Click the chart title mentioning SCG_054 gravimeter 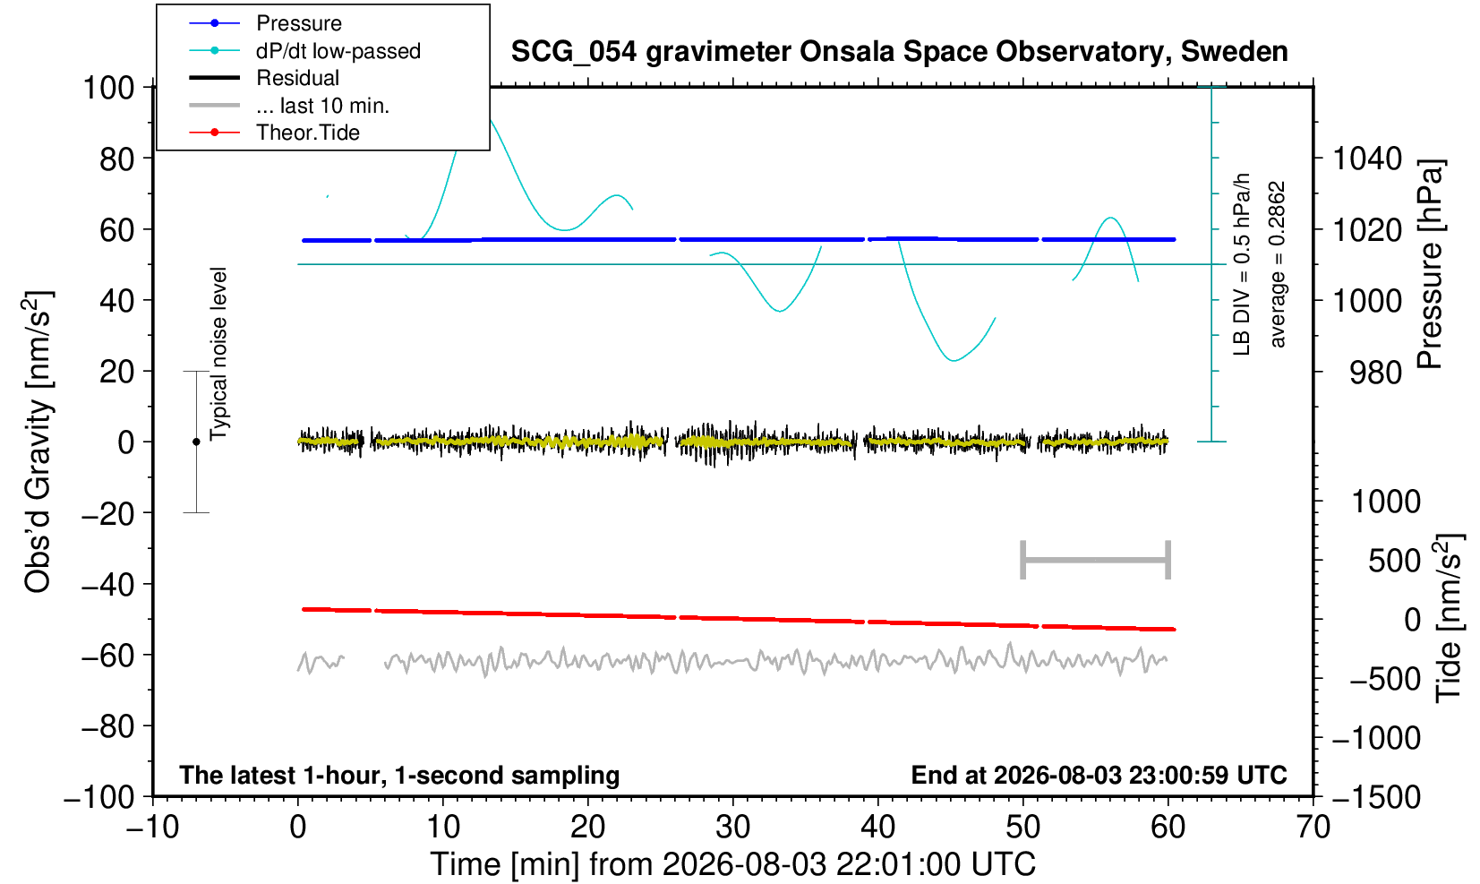(899, 51)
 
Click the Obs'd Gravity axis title (38, 442)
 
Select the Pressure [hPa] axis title (1431, 264)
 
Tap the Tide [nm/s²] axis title (1449, 619)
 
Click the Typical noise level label (218, 354)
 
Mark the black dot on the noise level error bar (196, 442)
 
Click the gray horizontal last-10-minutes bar (1096, 560)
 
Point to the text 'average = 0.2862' (1278, 264)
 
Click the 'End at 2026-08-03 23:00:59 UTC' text (1099, 775)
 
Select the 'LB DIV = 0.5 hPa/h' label (1242, 264)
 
